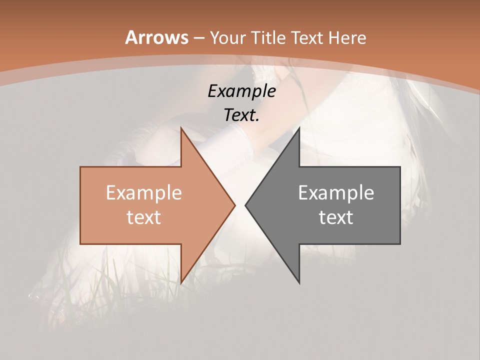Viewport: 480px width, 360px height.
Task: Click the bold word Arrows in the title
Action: coord(156,37)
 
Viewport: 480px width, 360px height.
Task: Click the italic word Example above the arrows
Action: coord(241,91)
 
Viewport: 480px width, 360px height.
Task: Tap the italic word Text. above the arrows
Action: coord(241,115)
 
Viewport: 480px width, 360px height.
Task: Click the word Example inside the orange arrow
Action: coord(143,192)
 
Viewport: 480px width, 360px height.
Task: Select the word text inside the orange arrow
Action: coord(143,217)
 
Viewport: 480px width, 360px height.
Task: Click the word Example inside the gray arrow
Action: coord(336,192)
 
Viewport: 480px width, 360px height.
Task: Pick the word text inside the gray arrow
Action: coord(336,217)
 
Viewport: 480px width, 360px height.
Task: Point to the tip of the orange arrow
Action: coord(235,205)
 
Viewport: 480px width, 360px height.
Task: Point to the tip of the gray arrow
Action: coord(245,205)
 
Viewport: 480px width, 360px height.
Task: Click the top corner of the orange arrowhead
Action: coord(181,127)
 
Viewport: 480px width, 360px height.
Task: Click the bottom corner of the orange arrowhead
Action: coord(181,283)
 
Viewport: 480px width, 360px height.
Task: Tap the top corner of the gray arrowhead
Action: coord(299,127)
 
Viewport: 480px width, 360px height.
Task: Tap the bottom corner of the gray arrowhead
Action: coord(299,283)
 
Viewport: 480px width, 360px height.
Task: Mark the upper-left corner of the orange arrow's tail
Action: coord(80,167)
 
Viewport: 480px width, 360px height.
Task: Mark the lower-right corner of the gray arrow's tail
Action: coord(400,244)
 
